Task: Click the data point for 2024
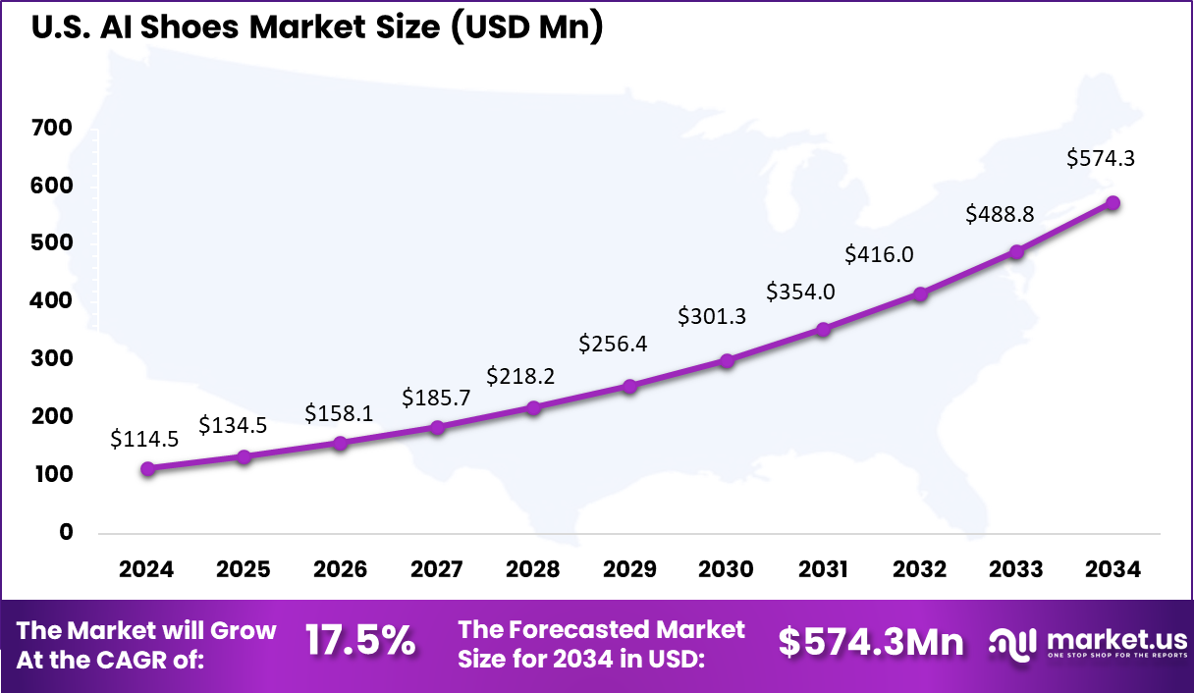pyautogui.click(x=147, y=469)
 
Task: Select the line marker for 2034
pyautogui.click(x=1113, y=203)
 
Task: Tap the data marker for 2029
pyautogui.click(x=630, y=387)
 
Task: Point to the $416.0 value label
pyautogui.click(x=879, y=255)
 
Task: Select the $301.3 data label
pyautogui.click(x=712, y=316)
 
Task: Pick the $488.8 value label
pyautogui.click(x=1000, y=213)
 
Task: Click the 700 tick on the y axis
pyautogui.click(x=51, y=128)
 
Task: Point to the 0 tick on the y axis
pyautogui.click(x=66, y=532)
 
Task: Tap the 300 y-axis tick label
pyautogui.click(x=51, y=359)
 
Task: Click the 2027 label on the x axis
pyautogui.click(x=437, y=570)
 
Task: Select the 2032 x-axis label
pyautogui.click(x=920, y=570)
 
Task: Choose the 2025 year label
pyautogui.click(x=244, y=570)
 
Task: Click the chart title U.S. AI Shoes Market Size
pyautogui.click(x=316, y=27)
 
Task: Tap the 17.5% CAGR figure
pyautogui.click(x=359, y=642)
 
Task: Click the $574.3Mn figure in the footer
pyautogui.click(x=871, y=642)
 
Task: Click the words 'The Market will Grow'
pyautogui.click(x=147, y=630)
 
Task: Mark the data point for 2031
pyautogui.click(x=823, y=330)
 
